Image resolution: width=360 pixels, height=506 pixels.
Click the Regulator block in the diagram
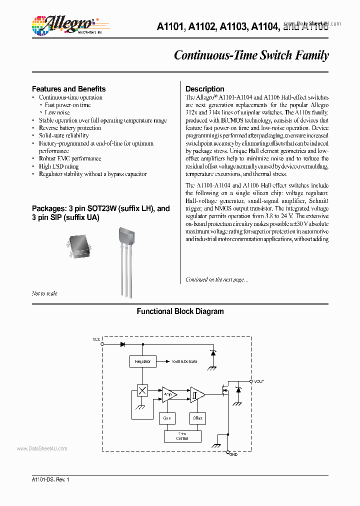143,361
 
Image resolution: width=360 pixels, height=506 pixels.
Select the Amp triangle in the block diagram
168,395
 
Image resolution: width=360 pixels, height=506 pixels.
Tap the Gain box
167,417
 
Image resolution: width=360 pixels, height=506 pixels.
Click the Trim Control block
182,436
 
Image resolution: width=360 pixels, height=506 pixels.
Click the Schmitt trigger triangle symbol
196,395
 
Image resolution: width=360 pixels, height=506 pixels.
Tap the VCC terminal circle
102,344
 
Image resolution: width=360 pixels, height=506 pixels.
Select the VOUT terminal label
259,381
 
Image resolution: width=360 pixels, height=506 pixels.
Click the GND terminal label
233,454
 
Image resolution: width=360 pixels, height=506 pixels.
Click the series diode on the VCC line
122,344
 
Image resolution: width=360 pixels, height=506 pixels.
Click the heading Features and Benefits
68,89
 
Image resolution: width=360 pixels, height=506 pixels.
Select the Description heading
205,89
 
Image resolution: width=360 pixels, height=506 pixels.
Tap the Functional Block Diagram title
180,311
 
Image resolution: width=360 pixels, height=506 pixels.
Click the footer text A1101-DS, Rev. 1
50,479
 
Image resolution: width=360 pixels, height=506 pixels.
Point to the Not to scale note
44,293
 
